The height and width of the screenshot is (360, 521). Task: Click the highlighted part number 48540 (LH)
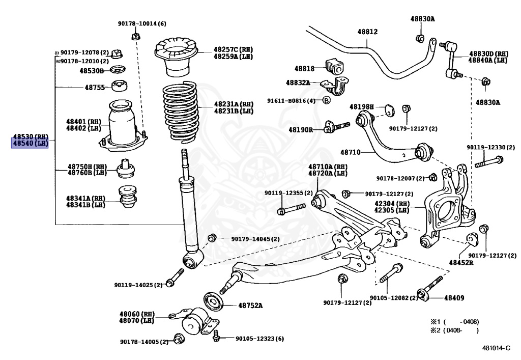click(30, 144)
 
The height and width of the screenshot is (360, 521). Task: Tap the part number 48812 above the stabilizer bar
click(367, 32)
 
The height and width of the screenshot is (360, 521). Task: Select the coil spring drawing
click(179, 111)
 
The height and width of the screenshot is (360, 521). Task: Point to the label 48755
click(94, 88)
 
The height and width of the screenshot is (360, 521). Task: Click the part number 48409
click(454, 297)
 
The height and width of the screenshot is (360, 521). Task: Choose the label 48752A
click(250, 306)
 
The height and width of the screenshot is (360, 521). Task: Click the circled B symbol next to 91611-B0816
click(327, 100)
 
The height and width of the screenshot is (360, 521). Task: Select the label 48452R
click(460, 263)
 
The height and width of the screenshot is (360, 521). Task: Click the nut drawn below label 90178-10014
click(136, 36)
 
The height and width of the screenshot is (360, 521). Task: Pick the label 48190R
click(301, 130)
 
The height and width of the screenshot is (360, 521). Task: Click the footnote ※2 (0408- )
click(455, 330)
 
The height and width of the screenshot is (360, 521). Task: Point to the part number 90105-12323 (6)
click(259, 339)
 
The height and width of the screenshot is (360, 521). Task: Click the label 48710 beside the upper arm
click(350, 152)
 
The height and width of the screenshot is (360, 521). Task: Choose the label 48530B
click(92, 71)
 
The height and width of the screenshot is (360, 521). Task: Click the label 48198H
click(361, 107)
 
